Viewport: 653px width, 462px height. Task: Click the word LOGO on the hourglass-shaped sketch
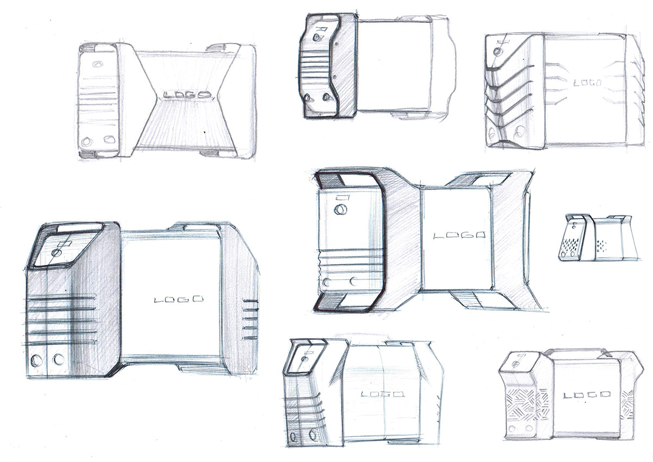(187, 95)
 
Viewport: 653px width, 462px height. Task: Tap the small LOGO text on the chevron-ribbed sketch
(587, 83)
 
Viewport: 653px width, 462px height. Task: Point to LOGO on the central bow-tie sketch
(459, 235)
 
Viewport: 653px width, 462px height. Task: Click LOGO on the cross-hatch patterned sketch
(587, 395)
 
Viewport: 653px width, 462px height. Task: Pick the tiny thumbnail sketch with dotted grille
(597, 238)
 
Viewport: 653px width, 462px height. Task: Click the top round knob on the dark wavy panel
(316, 38)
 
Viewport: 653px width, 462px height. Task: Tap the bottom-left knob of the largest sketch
(36, 360)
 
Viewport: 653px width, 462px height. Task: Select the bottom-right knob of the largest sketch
(59, 359)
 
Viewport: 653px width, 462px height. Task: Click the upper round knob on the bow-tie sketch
(340, 210)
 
